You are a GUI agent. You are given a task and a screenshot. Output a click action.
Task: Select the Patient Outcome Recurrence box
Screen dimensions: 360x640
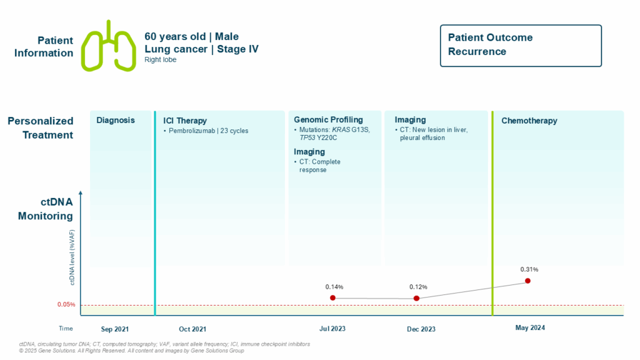point(521,45)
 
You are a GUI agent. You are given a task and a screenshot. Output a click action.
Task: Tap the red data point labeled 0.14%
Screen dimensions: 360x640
point(332,297)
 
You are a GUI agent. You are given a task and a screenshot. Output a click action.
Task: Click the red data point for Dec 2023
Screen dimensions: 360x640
point(417,298)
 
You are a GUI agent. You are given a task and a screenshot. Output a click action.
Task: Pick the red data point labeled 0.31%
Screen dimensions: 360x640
point(527,281)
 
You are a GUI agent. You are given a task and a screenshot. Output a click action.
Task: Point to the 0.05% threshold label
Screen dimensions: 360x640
point(66,305)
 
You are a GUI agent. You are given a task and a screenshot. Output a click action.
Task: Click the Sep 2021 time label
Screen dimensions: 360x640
point(116,329)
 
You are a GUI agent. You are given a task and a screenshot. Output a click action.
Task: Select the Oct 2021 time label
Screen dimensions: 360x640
point(192,329)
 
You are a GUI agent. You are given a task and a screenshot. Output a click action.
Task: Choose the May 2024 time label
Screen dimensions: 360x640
point(530,327)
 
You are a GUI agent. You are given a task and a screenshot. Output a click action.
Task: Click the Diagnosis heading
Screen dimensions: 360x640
point(115,120)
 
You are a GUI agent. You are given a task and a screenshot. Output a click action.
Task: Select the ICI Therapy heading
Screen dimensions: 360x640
point(185,121)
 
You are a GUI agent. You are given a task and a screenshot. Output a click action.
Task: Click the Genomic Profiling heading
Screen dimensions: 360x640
point(328,119)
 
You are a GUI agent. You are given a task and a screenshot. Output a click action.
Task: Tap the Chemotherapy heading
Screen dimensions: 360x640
point(529,121)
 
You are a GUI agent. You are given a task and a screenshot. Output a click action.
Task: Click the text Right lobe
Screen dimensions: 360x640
point(160,60)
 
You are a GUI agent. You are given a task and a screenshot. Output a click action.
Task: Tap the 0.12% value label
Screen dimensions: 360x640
point(418,287)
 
